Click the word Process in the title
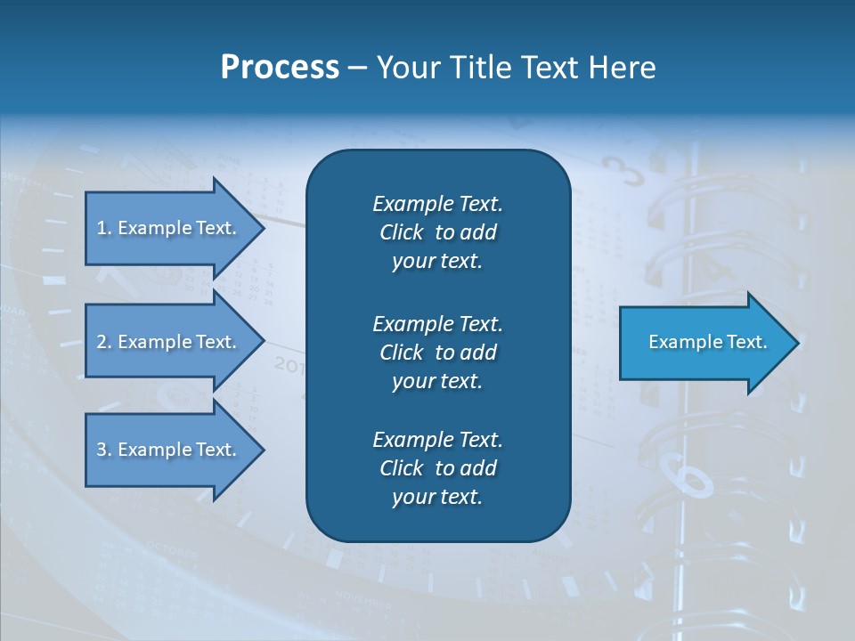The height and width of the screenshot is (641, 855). (x=280, y=68)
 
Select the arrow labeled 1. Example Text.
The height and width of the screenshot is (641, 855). (x=166, y=228)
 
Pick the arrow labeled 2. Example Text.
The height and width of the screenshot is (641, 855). (x=166, y=342)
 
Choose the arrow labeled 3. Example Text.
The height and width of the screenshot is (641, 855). (x=166, y=450)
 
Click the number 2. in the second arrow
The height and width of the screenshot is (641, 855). (x=103, y=342)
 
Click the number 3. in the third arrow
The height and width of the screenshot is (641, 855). (x=103, y=450)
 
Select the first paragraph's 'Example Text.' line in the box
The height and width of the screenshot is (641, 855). (x=437, y=204)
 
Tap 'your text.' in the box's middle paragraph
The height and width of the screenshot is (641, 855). (x=437, y=381)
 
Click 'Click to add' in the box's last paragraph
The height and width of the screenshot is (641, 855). (x=437, y=468)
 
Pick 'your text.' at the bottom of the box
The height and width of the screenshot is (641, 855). (x=437, y=498)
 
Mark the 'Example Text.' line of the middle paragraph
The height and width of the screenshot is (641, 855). (x=437, y=323)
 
